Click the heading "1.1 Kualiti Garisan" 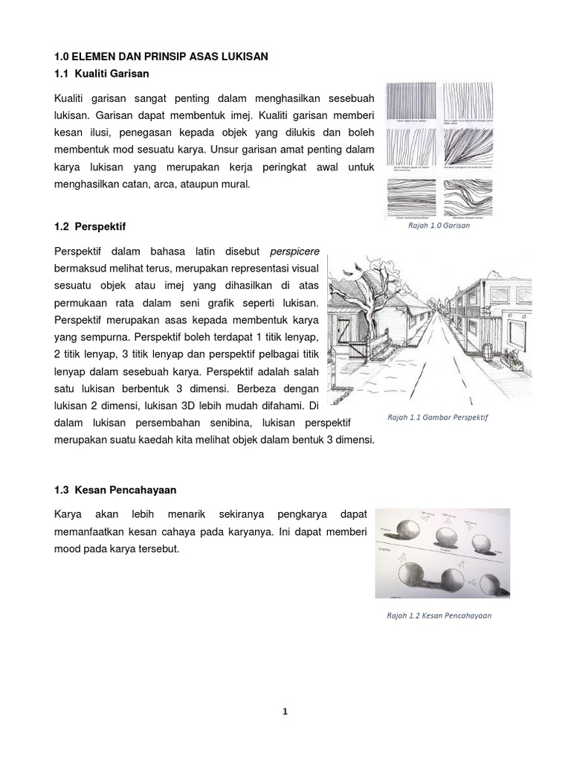click(102, 74)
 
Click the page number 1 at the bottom click(285, 711)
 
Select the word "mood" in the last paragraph click(69, 550)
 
